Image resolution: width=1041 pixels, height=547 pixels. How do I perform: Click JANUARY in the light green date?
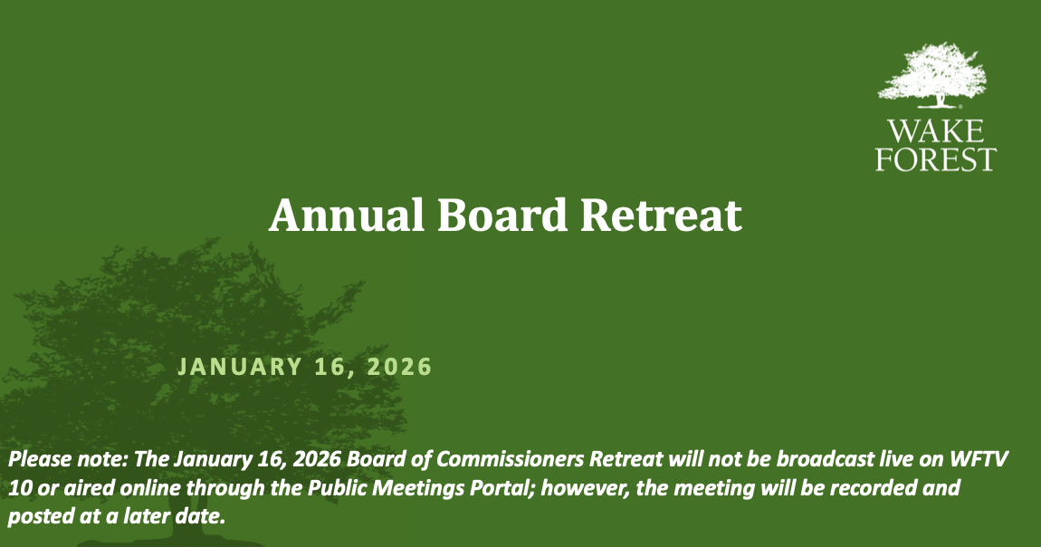coord(239,367)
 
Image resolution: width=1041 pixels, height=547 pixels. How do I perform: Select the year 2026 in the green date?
coord(397,367)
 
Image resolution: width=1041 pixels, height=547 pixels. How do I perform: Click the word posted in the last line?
coord(35,517)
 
